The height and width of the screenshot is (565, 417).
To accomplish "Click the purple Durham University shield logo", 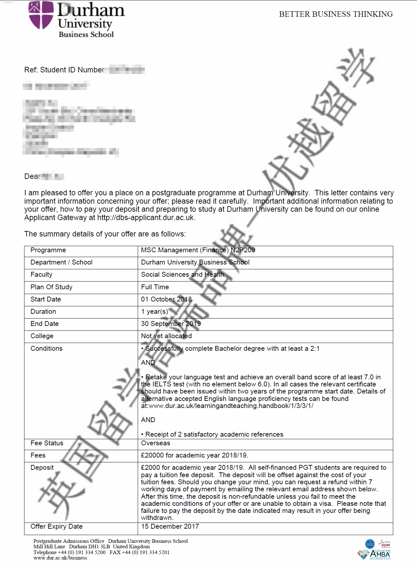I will pyautogui.click(x=41, y=15).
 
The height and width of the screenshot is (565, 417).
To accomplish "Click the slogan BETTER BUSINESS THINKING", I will pyautogui.click(x=336, y=14).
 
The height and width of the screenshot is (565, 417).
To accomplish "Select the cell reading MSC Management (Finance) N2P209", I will pyautogui.click(x=198, y=250).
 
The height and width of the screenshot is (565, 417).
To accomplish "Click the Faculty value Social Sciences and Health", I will pyautogui.click(x=182, y=274).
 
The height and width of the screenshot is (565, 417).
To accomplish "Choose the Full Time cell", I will pyautogui.click(x=155, y=287).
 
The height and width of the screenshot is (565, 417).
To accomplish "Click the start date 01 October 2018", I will pyautogui.click(x=166, y=299).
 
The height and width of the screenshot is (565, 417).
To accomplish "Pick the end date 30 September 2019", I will pyautogui.click(x=171, y=324).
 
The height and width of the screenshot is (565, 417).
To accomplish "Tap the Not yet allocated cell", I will pyautogui.click(x=166, y=336).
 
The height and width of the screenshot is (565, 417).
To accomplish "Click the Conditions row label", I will pyautogui.click(x=46, y=348).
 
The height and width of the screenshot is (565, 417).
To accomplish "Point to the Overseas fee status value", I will pyautogui.click(x=155, y=443).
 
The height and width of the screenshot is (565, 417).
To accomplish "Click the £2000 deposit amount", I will pyautogui.click(x=150, y=468).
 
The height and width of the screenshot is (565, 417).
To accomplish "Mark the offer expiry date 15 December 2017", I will pyautogui.click(x=170, y=526).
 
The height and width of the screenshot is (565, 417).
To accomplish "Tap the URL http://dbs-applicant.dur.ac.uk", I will pyautogui.click(x=145, y=218).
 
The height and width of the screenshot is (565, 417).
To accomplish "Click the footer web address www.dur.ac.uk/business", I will pyautogui.click(x=60, y=558).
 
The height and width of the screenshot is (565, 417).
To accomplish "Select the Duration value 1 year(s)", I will pyautogui.click(x=154, y=311).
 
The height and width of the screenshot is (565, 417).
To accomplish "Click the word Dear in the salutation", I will pyautogui.click(x=32, y=176).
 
